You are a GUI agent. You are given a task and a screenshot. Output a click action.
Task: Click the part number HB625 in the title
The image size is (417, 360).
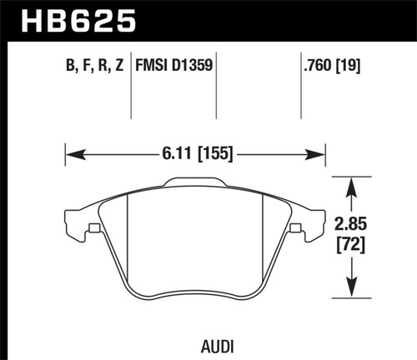68,18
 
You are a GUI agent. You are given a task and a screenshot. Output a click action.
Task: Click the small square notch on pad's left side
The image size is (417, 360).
94,228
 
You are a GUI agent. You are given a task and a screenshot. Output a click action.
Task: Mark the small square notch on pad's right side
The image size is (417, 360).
295,228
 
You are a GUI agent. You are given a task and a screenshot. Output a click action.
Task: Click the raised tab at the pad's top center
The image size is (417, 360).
195,182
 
